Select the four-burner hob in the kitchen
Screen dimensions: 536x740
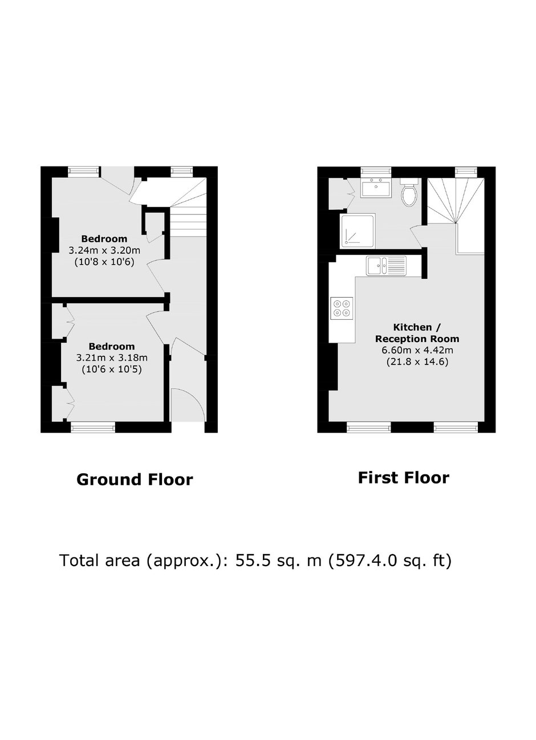click(342, 308)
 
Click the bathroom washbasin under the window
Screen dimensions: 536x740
click(376, 188)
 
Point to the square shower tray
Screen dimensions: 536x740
click(358, 230)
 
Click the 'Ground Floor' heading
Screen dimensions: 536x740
click(135, 479)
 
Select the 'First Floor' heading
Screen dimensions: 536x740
click(404, 478)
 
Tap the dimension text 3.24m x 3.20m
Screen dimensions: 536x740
click(104, 250)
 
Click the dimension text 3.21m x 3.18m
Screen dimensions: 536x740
click(112, 358)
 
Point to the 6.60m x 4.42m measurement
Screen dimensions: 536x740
click(417, 350)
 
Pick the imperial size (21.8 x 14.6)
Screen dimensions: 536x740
click(417, 362)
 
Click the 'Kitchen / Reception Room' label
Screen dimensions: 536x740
click(417, 333)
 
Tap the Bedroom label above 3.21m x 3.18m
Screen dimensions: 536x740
click(112, 346)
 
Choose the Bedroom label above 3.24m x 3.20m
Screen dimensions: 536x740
click(104, 238)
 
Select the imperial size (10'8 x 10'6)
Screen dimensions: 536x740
click(104, 262)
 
